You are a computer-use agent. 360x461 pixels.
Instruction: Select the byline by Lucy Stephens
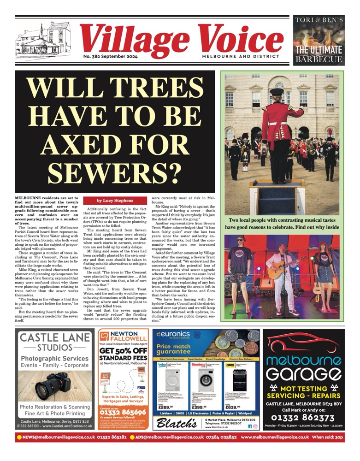click(x=115, y=201)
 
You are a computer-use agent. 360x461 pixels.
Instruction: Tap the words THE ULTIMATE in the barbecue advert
click(x=319, y=50)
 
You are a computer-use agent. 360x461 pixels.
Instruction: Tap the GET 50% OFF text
click(x=124, y=350)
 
